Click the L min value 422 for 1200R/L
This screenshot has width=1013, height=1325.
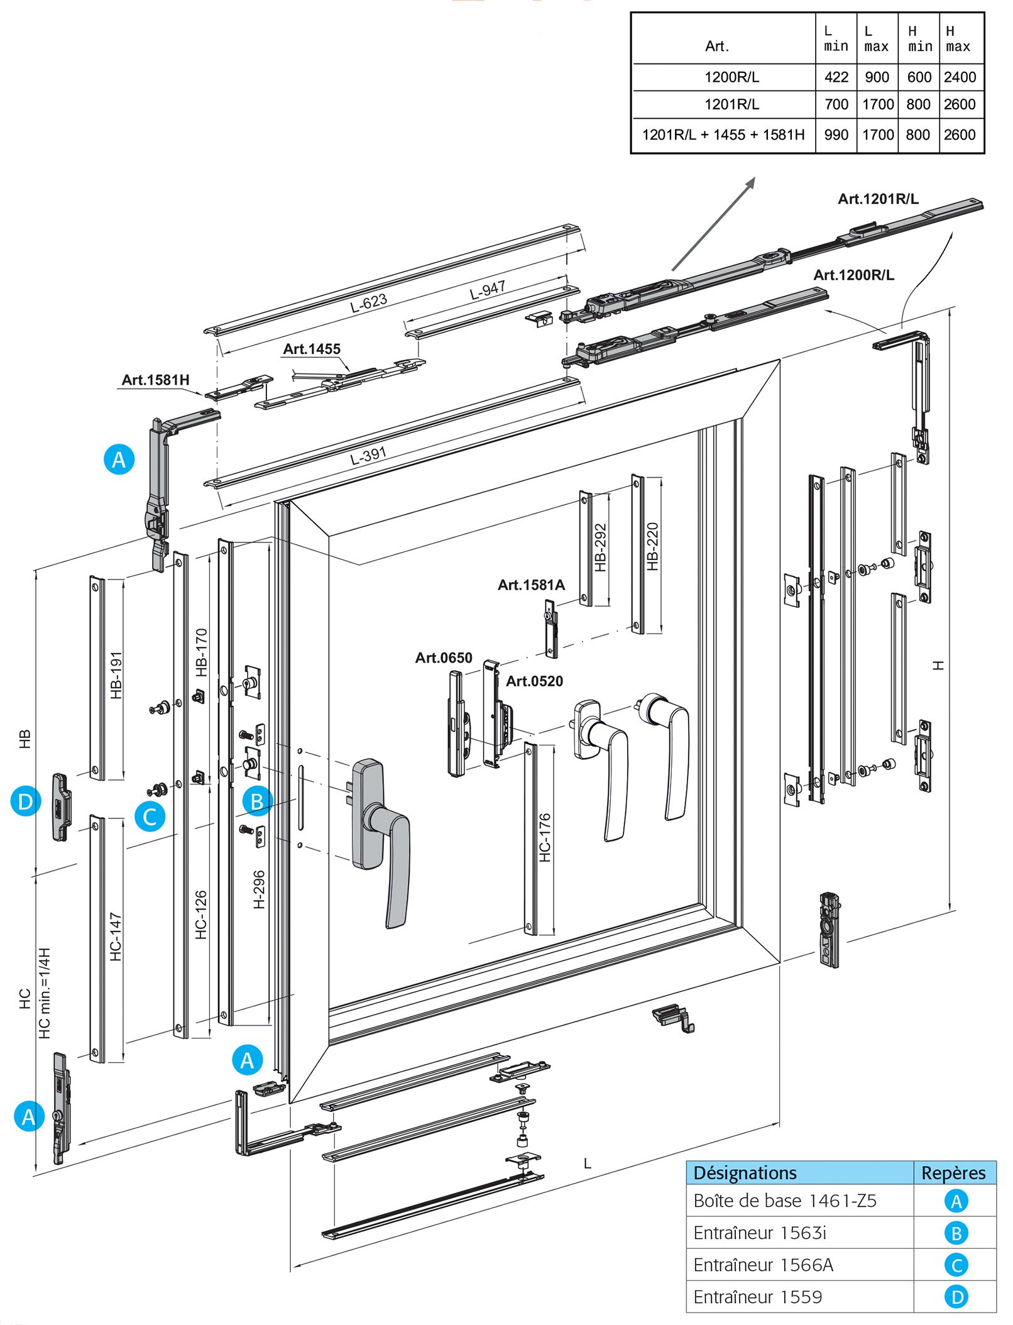(x=836, y=77)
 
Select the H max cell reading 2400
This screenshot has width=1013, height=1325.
(x=960, y=77)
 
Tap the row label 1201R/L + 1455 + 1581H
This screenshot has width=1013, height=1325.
(x=723, y=135)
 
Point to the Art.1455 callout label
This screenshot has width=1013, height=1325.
(x=312, y=349)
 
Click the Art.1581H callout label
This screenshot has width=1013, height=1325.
(x=155, y=380)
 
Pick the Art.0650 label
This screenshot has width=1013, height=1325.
(x=444, y=657)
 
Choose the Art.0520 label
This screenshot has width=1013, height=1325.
(x=534, y=681)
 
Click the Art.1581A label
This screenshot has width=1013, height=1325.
(x=531, y=585)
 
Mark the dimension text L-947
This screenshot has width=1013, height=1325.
(x=488, y=290)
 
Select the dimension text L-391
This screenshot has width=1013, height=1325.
(x=368, y=455)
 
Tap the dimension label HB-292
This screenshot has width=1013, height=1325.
(x=601, y=547)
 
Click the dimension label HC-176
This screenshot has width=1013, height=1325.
(x=545, y=837)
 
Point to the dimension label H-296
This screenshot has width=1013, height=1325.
(x=259, y=889)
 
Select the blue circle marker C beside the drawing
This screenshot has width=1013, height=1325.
(x=150, y=816)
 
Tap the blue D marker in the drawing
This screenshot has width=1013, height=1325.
(x=26, y=801)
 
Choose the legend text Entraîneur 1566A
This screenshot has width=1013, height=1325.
(x=764, y=1265)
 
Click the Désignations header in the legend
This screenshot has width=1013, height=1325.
(x=745, y=1173)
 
